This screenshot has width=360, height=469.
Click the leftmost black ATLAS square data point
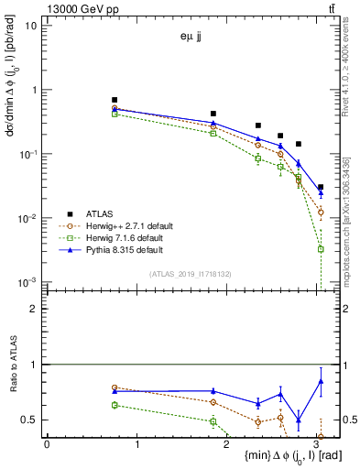click(115, 100)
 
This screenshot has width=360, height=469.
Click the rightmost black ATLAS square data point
click(321, 187)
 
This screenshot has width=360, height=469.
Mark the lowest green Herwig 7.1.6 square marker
click(321, 249)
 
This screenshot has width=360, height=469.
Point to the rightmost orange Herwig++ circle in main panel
click(321, 212)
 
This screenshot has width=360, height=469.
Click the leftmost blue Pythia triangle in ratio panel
click(115, 391)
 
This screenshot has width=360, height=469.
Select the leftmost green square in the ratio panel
click(115, 405)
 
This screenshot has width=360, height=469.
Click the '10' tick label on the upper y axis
click(30, 26)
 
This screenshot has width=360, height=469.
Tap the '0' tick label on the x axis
click(47, 444)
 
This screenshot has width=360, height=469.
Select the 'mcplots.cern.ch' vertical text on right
click(353, 211)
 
